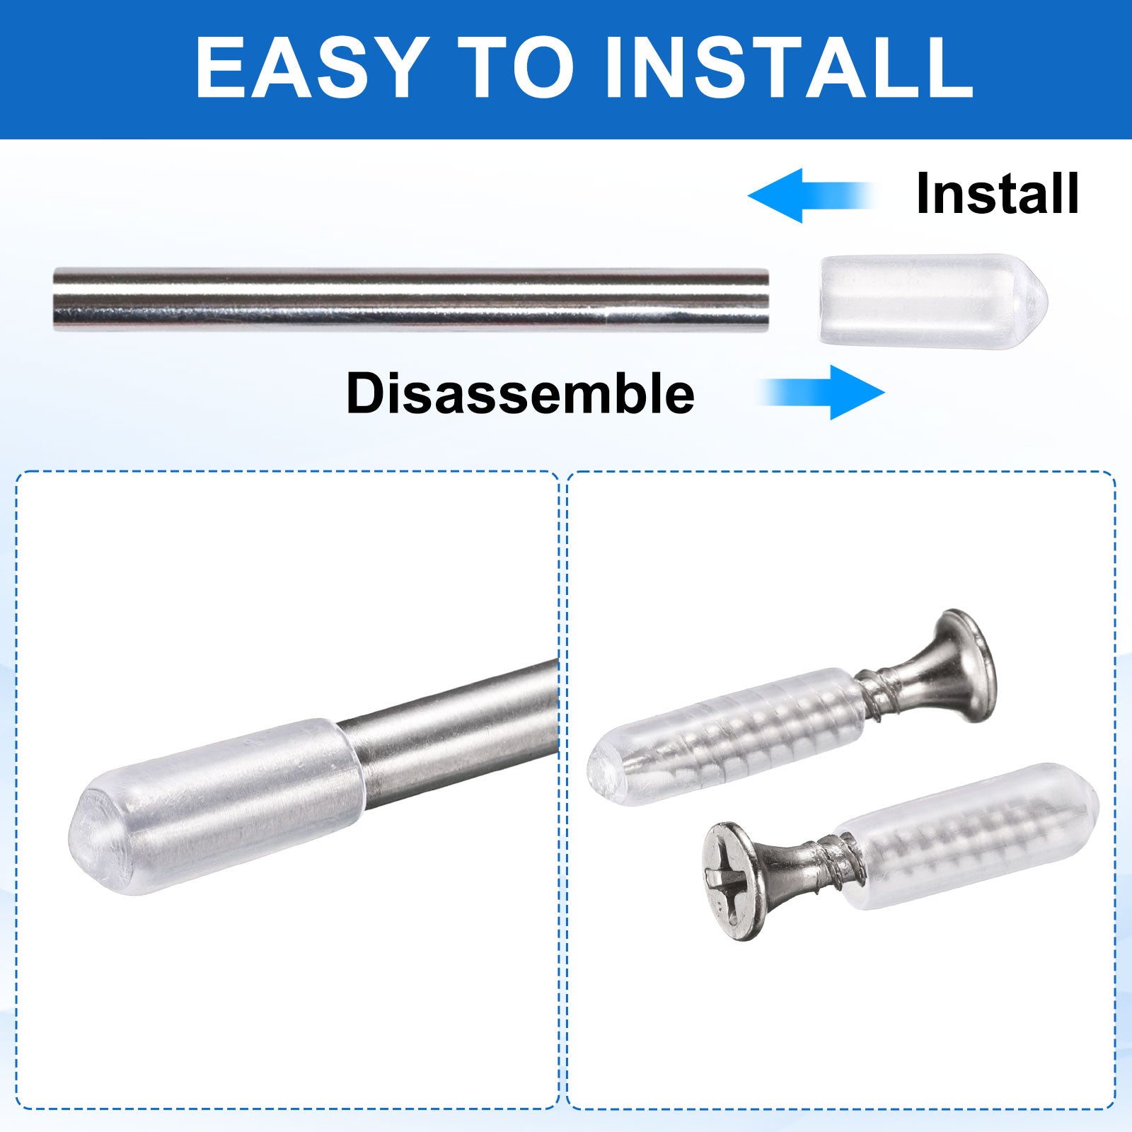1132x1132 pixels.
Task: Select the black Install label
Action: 998,194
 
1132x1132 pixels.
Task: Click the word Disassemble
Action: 521,393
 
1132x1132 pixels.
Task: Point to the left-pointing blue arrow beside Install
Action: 811,195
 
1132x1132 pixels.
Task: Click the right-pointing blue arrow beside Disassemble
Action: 822,392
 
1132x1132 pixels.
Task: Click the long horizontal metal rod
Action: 411,299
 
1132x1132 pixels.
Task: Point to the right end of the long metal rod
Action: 768,299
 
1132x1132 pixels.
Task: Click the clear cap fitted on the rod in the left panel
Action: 216,807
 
